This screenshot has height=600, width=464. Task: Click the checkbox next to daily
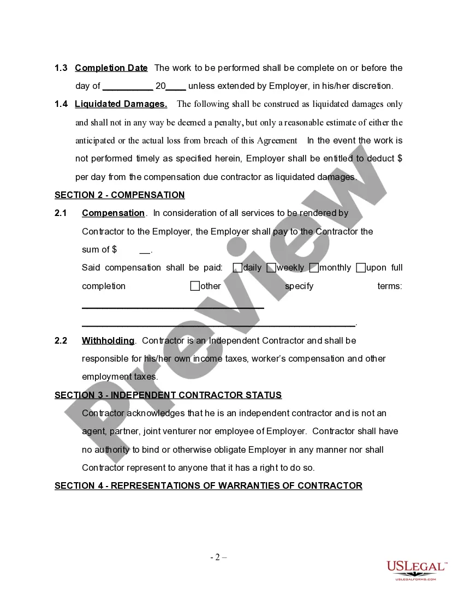237,268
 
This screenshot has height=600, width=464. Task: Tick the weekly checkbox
271,268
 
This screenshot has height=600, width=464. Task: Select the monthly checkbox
314,268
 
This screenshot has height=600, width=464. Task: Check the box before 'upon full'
361,268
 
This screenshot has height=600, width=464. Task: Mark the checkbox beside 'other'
195,286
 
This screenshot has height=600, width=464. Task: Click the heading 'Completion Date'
111,68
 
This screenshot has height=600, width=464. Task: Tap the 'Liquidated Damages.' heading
121,104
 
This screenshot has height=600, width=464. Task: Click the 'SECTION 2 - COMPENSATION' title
120,195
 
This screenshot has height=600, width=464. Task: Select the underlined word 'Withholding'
108,341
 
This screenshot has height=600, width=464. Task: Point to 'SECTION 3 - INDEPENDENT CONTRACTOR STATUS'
168,395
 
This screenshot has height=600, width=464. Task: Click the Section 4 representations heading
208,486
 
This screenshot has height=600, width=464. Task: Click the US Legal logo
417,570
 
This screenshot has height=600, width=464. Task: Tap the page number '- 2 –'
219,557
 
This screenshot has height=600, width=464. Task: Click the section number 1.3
61,68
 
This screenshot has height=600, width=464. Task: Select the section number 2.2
61,341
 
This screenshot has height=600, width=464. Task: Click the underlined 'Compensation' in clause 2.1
113,213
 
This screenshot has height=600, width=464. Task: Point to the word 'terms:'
390,286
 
